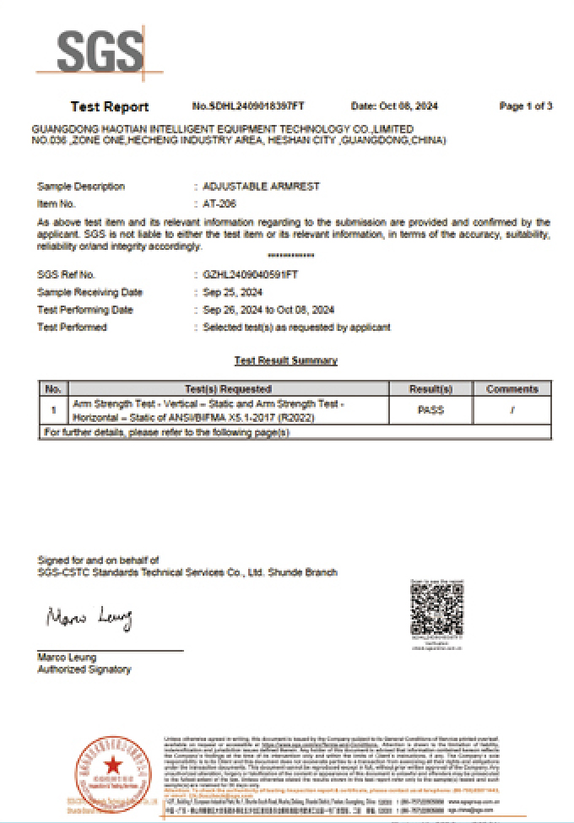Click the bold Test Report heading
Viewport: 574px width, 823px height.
pyautogui.click(x=109, y=106)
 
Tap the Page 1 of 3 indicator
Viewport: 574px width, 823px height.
pyautogui.click(x=525, y=106)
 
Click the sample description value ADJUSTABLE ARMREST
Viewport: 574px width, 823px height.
pyautogui.click(x=262, y=187)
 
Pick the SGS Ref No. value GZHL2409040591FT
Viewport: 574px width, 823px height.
pyautogui.click(x=251, y=275)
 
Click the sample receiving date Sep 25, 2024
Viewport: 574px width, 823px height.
pyautogui.click(x=232, y=292)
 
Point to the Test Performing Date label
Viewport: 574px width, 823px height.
pyautogui.click(x=85, y=310)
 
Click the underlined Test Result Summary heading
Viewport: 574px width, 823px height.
pyautogui.click(x=285, y=360)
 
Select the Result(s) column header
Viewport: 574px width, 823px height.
pyautogui.click(x=430, y=389)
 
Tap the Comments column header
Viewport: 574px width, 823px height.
pyautogui.click(x=512, y=389)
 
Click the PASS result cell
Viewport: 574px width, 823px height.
pyautogui.click(x=430, y=410)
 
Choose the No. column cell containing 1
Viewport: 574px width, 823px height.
pyautogui.click(x=53, y=410)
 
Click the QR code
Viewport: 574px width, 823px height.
pyautogui.click(x=436, y=609)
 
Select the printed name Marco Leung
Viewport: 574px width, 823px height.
pyautogui.click(x=67, y=658)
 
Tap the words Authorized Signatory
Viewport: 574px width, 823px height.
pyautogui.click(x=84, y=669)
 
